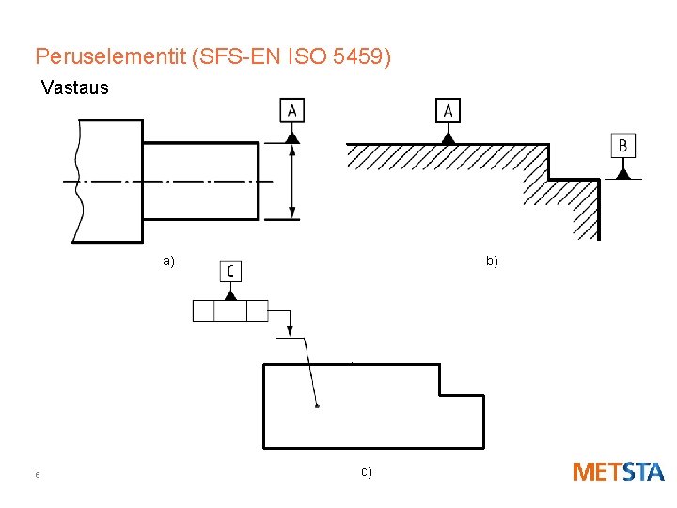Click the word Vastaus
coord(75,88)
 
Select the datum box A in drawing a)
coord(292,111)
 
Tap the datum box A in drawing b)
coord(449,111)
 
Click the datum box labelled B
coord(622,146)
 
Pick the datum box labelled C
coord(230,271)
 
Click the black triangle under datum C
coord(230,294)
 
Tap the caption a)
coord(168,262)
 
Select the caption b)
coord(492,262)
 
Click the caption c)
coord(366,471)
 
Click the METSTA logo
coord(618,472)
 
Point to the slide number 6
coord(37,475)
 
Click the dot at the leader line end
coord(317,406)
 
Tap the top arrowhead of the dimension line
coord(292,150)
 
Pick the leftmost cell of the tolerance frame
coord(204,310)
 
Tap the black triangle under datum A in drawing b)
coord(449,137)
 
